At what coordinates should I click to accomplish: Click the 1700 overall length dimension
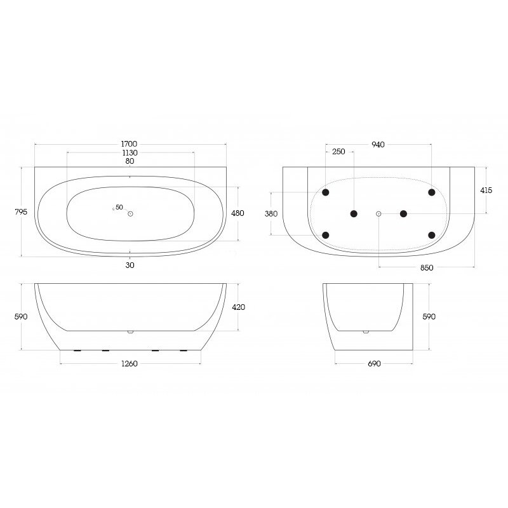click(x=130, y=144)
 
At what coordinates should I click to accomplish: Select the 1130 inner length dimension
click(x=130, y=152)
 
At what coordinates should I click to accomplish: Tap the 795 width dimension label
click(x=21, y=212)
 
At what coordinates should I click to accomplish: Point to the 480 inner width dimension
click(x=237, y=213)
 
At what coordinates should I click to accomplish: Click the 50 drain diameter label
click(x=119, y=207)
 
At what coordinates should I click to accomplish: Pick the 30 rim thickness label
click(x=130, y=265)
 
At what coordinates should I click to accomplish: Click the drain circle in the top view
click(x=130, y=213)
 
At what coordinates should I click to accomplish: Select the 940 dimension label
click(x=378, y=145)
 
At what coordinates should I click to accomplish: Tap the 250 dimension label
click(x=338, y=152)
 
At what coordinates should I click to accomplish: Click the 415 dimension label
click(x=486, y=190)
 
